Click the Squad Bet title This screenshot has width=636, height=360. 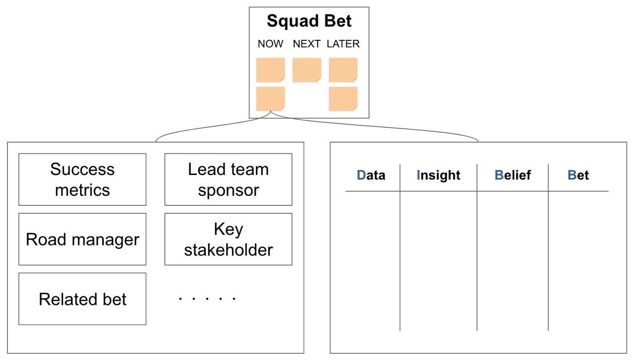click(309, 21)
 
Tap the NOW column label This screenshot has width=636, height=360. click(270, 44)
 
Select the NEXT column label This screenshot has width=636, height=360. click(307, 44)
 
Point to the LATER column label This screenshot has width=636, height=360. click(343, 44)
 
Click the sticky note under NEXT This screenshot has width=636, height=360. click(307, 70)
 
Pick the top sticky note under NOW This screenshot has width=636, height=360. click(270, 70)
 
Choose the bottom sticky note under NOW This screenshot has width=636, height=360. click(270, 99)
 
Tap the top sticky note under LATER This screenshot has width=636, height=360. click(343, 70)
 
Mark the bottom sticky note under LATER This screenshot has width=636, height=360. click(343, 99)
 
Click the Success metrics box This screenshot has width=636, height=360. click(82, 180)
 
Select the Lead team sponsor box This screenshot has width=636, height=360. click(228, 180)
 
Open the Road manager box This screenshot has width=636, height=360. click(82, 239)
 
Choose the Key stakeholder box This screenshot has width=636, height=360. click(228, 239)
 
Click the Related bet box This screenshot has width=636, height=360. click(82, 299)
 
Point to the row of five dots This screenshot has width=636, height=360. click(207, 299)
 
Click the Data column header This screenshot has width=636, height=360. click(371, 175)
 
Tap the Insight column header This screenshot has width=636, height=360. click(438, 175)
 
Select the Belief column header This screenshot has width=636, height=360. click(513, 175)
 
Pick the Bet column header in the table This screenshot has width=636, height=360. click(578, 175)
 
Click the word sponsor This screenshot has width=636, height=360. click(228, 190)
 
